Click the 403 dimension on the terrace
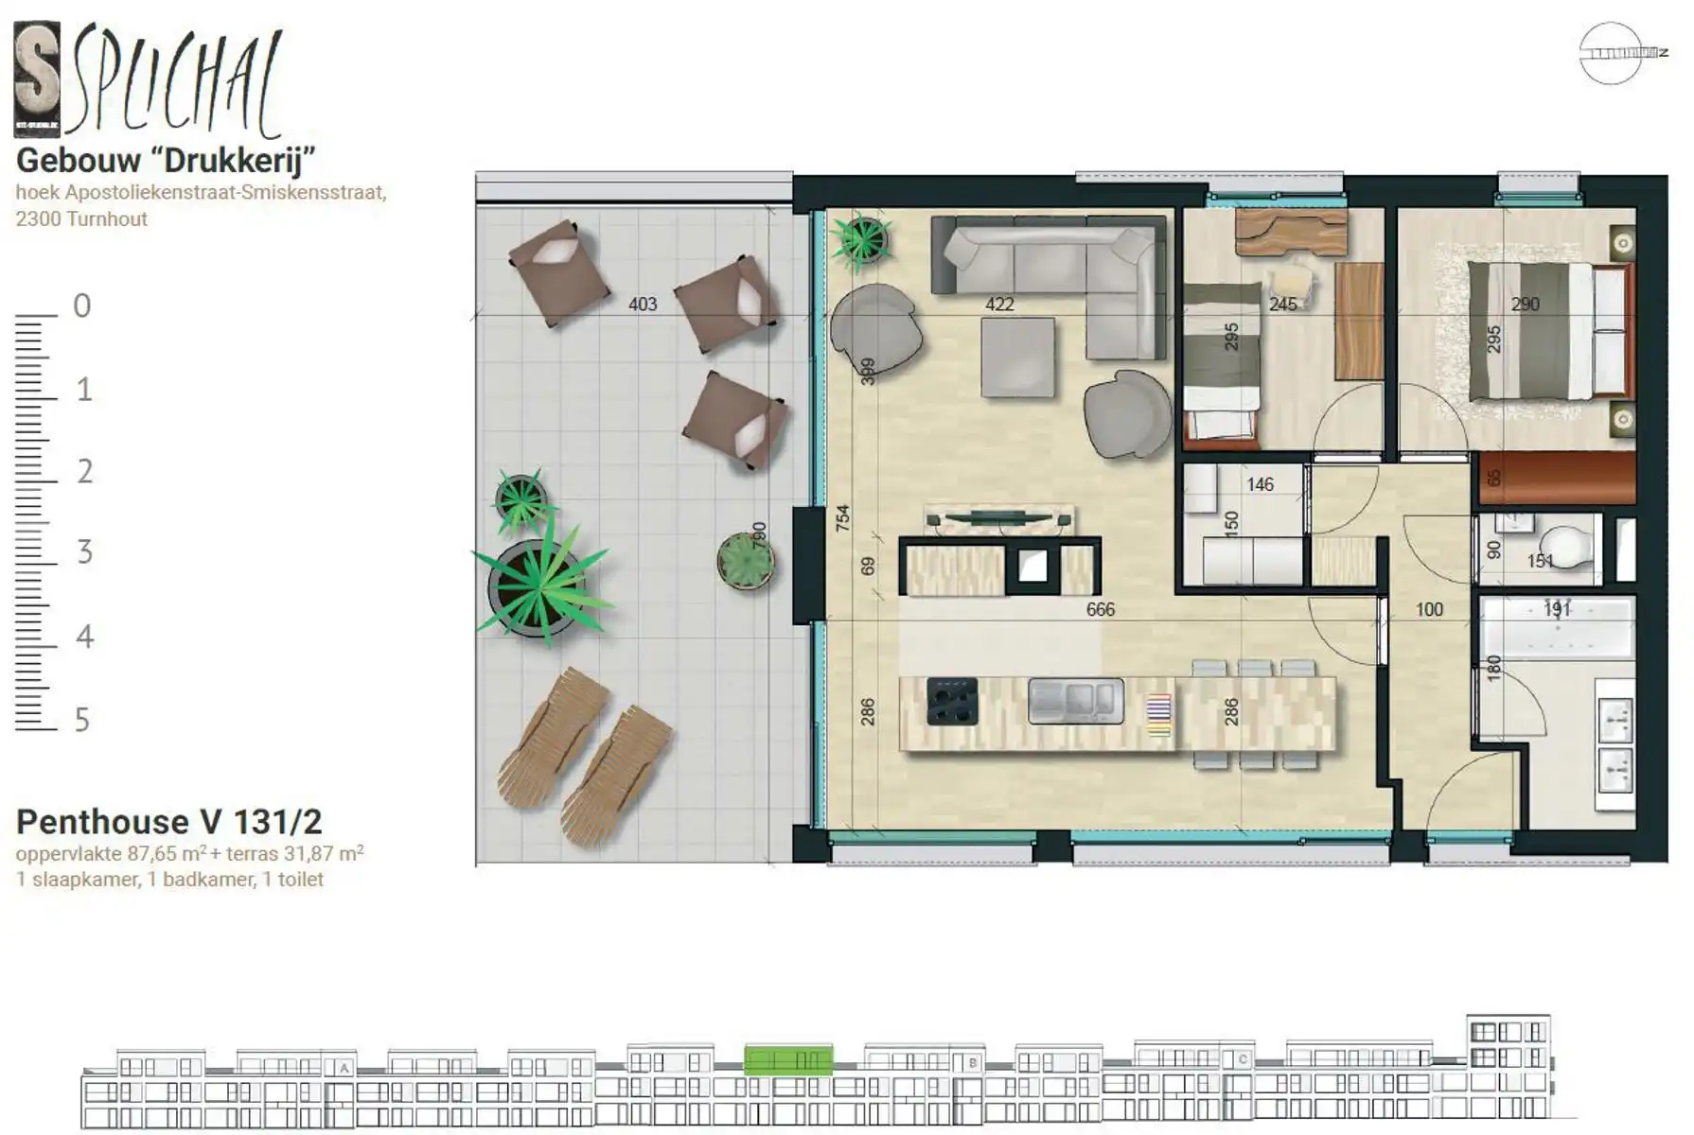tap(642, 305)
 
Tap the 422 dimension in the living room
tap(999, 305)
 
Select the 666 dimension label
tap(1100, 610)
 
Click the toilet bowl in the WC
tap(1562, 548)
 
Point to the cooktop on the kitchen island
tap(952, 702)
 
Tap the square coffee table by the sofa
tap(1017, 358)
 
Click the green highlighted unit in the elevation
tap(787, 1060)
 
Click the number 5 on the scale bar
tap(82, 721)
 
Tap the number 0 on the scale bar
tap(82, 306)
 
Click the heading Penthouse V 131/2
tap(169, 821)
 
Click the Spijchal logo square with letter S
tap(37, 79)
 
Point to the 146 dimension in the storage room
tap(1260, 485)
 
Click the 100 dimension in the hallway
tap(1429, 610)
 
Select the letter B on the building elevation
tap(972, 1062)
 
